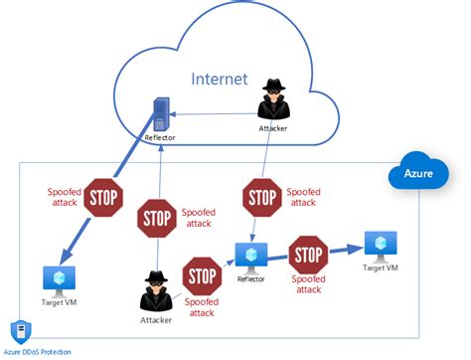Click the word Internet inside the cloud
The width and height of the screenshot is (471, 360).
point(223,79)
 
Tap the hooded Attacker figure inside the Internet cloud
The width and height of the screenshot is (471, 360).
point(273,99)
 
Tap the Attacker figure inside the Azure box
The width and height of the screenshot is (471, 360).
point(156,289)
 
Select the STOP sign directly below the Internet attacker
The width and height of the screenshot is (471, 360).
point(261,194)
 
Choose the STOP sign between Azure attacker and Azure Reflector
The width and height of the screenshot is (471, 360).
point(204,274)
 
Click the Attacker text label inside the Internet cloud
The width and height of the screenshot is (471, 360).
point(274,128)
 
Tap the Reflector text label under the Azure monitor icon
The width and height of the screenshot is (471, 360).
point(249,280)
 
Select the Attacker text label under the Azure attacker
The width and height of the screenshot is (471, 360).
point(156,319)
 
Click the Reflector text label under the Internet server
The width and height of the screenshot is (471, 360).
point(158,138)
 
